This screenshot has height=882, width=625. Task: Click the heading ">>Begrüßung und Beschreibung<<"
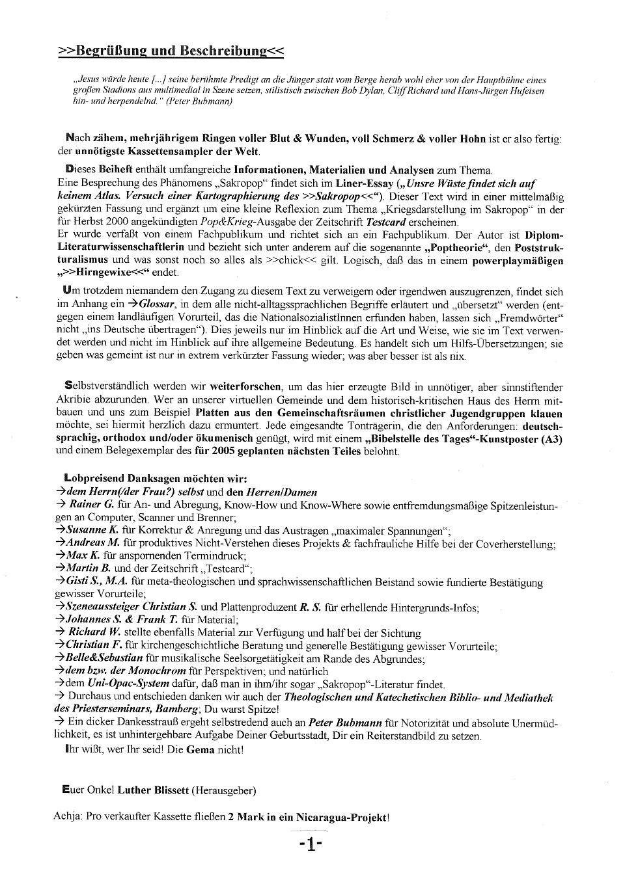click(171, 51)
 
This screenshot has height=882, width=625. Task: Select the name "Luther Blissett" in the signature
click(152, 790)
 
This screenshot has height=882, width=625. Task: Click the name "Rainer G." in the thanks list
click(91, 504)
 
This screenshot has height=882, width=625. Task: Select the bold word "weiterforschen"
click(245, 387)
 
